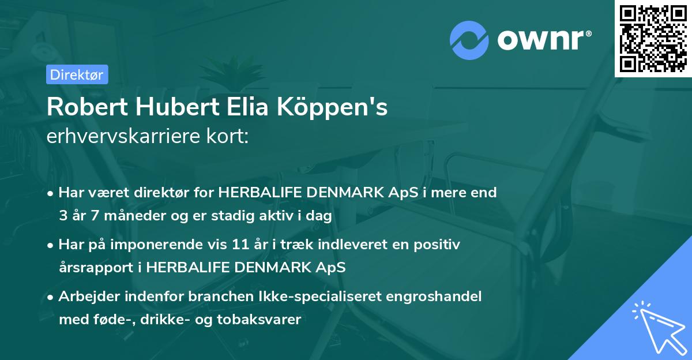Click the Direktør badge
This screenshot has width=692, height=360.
point(77,74)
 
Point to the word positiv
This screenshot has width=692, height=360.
point(439,245)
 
